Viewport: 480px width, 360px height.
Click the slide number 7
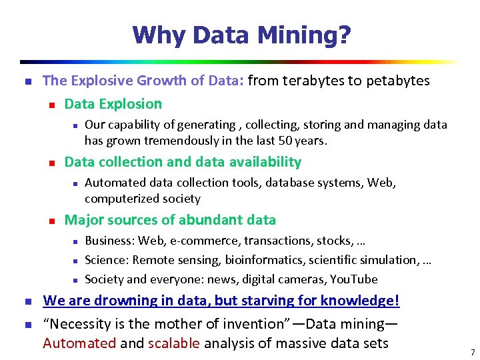[472, 351]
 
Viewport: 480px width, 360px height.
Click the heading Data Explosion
[113, 104]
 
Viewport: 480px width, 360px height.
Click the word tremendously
[171, 141]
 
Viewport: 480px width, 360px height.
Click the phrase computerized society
[143, 199]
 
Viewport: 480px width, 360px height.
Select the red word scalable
[174, 344]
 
